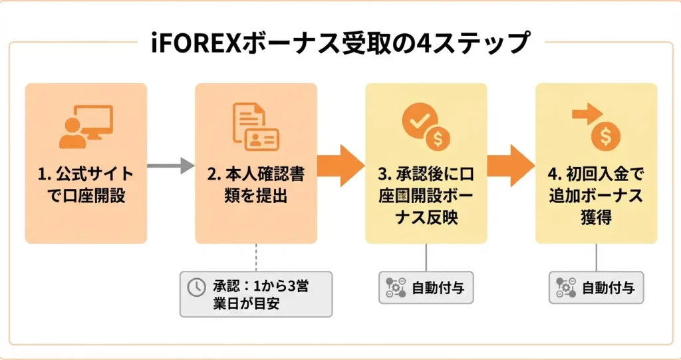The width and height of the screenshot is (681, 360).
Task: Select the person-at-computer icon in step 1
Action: [x=86, y=126]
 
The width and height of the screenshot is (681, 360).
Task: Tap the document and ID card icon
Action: [x=255, y=126]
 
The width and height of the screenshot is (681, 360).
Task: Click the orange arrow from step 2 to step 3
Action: [x=340, y=163]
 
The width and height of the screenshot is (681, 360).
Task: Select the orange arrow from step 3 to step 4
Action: [x=511, y=163]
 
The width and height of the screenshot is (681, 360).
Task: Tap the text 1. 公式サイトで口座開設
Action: [x=86, y=186]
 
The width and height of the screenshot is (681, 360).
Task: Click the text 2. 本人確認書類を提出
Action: [x=255, y=186]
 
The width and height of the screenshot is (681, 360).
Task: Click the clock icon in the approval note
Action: [x=196, y=287]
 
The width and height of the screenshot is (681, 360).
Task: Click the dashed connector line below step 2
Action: [x=255, y=256]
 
